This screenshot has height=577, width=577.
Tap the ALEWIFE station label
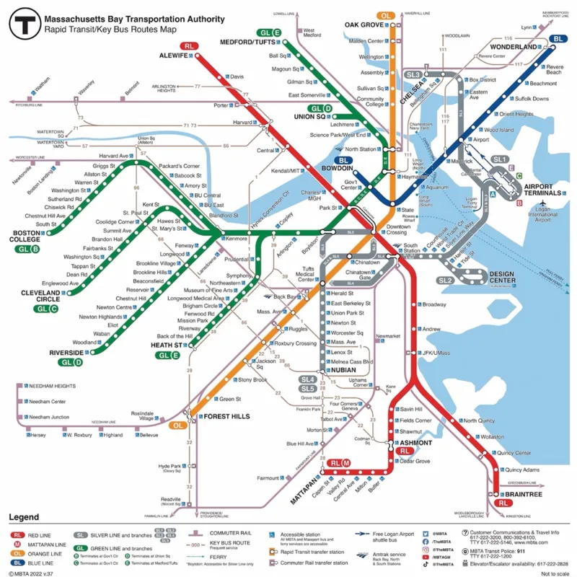(x=174, y=55)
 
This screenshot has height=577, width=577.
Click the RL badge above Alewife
(x=190, y=46)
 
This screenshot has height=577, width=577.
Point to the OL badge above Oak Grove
(x=386, y=15)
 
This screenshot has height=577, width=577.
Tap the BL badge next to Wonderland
(x=558, y=39)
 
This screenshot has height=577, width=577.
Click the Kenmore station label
(x=237, y=238)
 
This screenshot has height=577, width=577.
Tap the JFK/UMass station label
(x=436, y=353)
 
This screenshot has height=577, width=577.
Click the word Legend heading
(x=23, y=517)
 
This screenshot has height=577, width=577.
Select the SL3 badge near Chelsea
(x=413, y=74)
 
